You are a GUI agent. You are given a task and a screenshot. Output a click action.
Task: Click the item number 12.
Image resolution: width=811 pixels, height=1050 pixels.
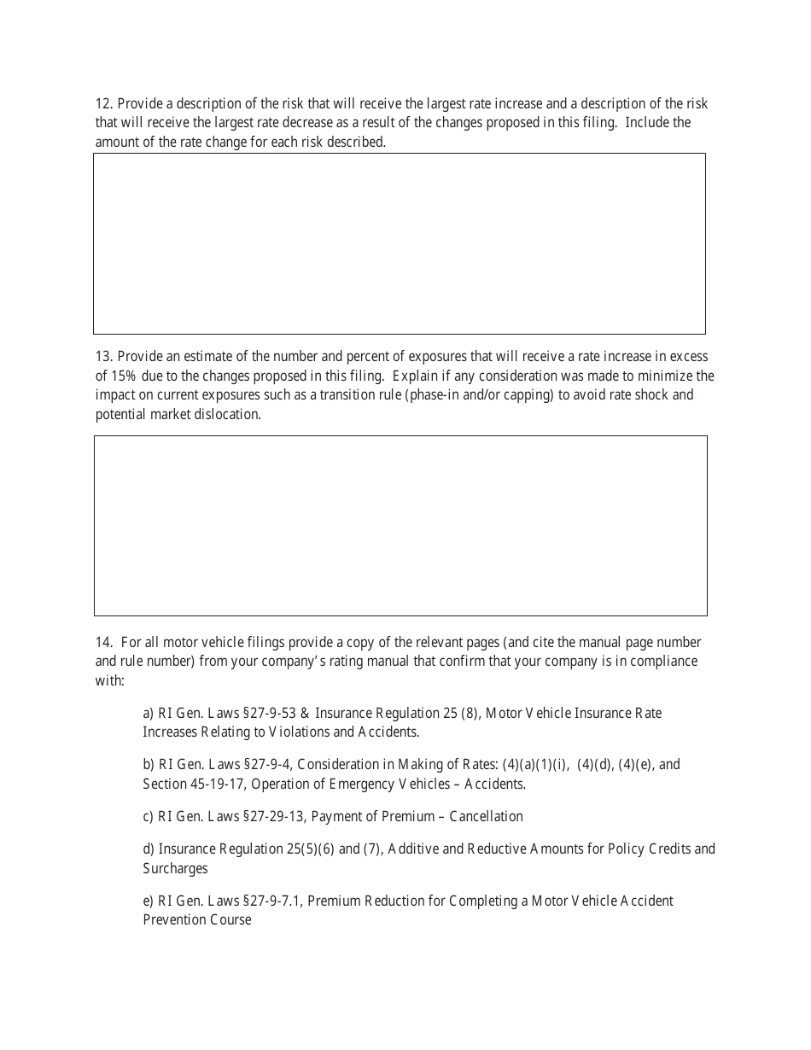103,104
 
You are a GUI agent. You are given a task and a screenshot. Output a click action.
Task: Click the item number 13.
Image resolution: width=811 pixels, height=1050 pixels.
103,357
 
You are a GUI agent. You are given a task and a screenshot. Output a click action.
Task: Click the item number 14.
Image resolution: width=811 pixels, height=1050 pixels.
103,642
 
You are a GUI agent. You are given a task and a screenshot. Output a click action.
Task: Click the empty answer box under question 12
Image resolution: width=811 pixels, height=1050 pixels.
400,243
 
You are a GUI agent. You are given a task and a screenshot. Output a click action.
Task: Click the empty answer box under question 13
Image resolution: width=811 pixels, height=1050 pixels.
400,526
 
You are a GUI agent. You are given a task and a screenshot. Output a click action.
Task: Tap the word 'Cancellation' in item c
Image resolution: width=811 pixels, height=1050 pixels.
486,816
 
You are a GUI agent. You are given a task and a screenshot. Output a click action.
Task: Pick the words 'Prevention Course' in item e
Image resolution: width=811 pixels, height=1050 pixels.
197,920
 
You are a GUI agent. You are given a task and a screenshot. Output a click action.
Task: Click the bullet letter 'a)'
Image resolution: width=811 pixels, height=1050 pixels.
149,713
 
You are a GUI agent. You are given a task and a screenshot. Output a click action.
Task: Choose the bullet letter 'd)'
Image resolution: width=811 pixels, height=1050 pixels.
149,849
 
